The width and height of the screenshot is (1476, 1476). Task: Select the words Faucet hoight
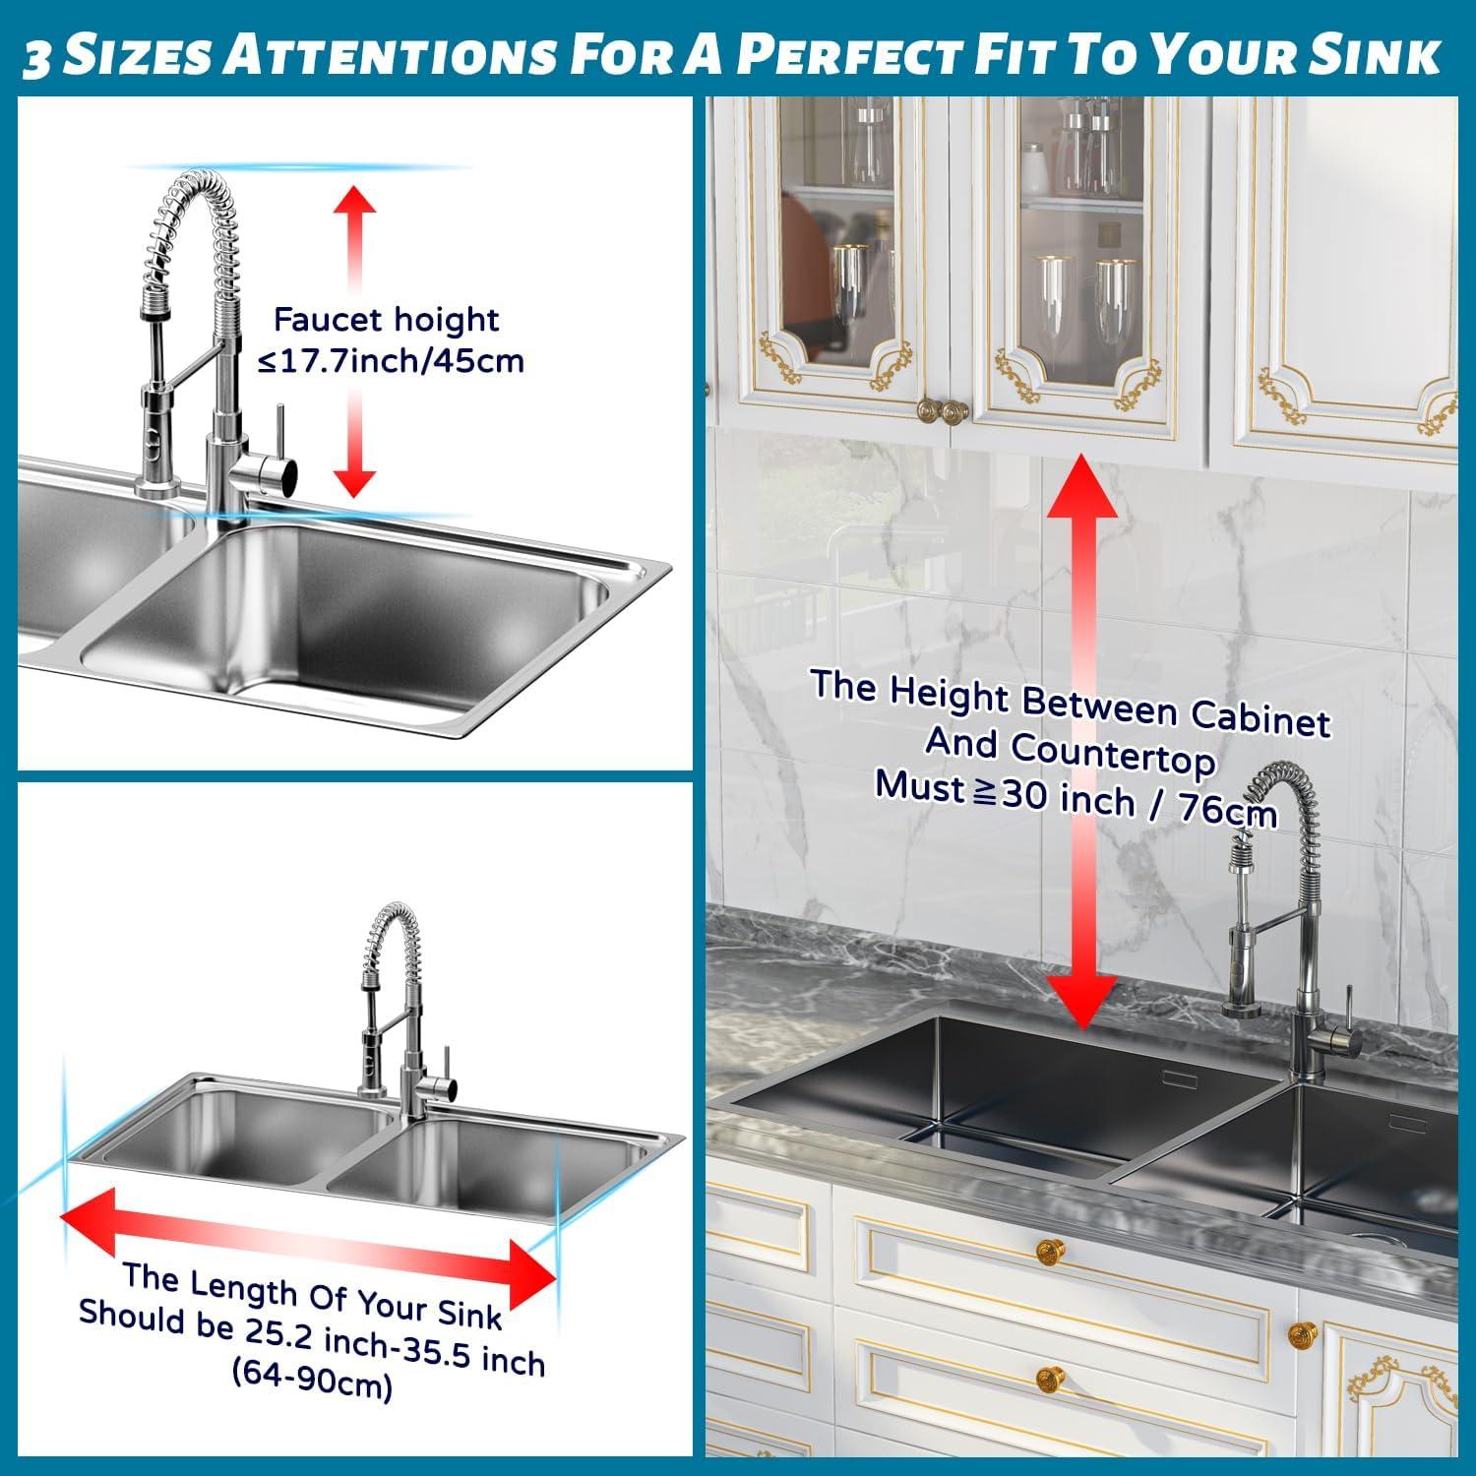tap(386, 320)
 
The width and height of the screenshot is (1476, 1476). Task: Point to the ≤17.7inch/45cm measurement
tap(391, 361)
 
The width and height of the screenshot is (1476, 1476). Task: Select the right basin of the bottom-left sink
tap(453, 1166)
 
